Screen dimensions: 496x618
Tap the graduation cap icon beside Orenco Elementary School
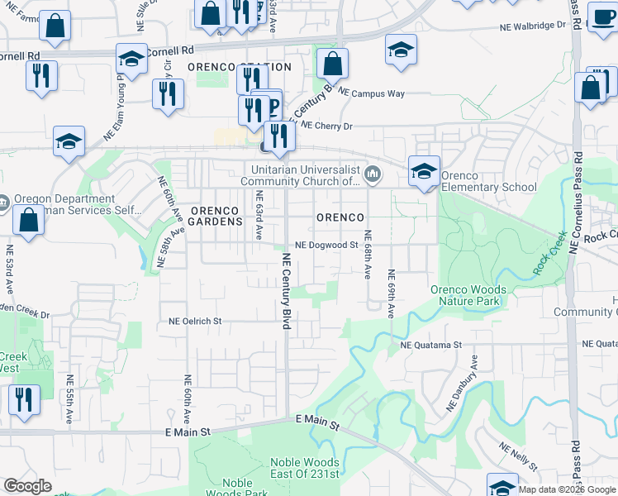coord(424,172)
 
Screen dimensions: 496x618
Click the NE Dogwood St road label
coord(326,245)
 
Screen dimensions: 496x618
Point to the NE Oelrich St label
coord(195,321)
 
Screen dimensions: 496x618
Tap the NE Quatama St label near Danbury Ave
coord(430,345)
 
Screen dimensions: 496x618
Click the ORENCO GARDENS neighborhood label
coord(216,216)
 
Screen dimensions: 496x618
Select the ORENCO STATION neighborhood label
coord(240,67)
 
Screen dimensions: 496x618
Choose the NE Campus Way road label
coord(372,93)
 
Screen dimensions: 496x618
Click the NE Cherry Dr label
coord(327,126)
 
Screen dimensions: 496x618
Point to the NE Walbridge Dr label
coord(532,26)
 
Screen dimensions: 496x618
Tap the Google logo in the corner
coord(27,486)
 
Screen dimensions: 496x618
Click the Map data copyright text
coord(567,489)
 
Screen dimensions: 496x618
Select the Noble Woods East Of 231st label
coord(305,468)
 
